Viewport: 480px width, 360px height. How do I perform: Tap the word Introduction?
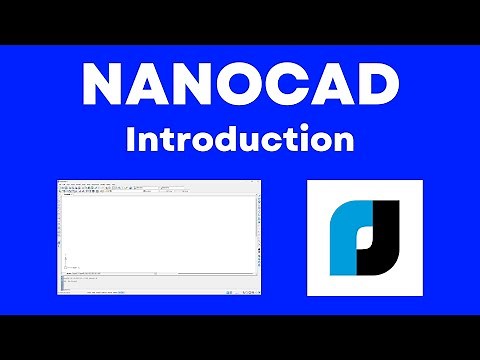click(x=239, y=139)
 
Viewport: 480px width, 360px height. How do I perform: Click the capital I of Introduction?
click(x=130, y=139)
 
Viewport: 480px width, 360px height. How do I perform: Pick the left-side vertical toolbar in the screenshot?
click(x=61, y=230)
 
